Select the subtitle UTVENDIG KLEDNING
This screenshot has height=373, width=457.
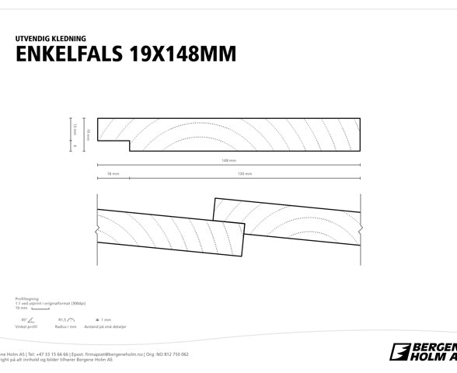pyautogui.click(x=51, y=38)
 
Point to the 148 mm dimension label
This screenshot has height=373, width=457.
pyautogui.click(x=228, y=161)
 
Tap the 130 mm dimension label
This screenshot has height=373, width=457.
pyautogui.click(x=244, y=174)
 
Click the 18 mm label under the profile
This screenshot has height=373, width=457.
pyautogui.click(x=113, y=174)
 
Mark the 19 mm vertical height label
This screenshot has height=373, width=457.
pyautogui.click(x=88, y=134)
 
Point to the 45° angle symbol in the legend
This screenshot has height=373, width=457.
pyautogui.click(x=28, y=319)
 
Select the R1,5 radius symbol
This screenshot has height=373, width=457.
pyautogui.click(x=66, y=319)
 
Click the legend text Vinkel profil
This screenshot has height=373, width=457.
pyautogui.click(x=26, y=327)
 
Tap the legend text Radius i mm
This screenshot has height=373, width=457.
pyautogui.click(x=66, y=327)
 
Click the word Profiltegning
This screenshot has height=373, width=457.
pyautogui.click(x=26, y=298)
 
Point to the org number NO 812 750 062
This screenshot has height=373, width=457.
pyautogui.click(x=172, y=354)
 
